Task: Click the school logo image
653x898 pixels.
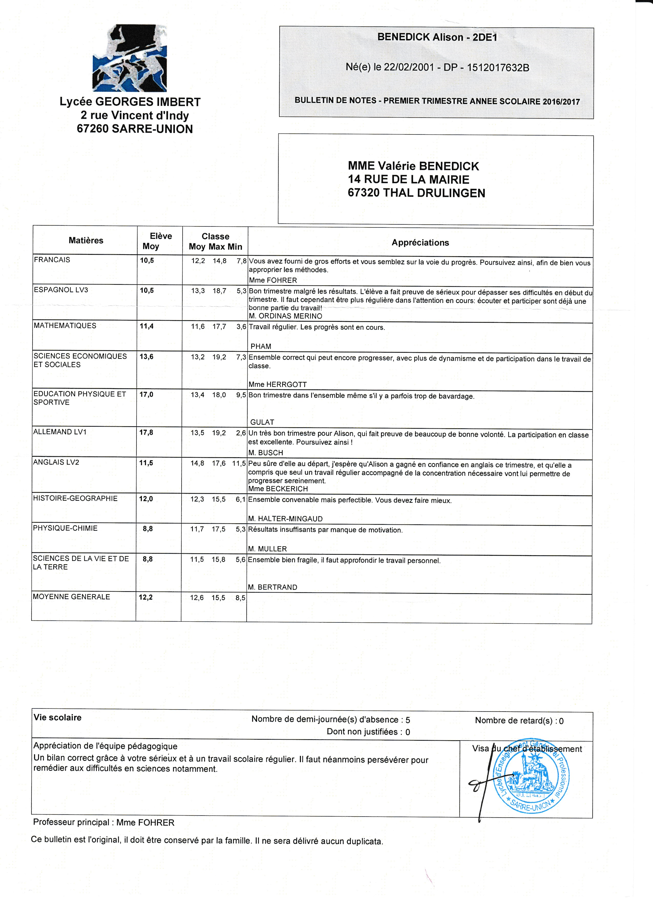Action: [x=130, y=59]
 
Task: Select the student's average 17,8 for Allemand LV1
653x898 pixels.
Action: [x=146, y=432]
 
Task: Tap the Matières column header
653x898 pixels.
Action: [x=86, y=240]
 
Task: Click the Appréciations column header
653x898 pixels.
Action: [x=420, y=243]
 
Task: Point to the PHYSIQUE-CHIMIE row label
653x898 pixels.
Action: [x=65, y=528]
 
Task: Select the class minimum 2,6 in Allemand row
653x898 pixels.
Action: [x=241, y=433]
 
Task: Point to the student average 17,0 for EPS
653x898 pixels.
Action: [x=146, y=394]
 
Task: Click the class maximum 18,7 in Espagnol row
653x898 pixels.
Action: [x=219, y=291]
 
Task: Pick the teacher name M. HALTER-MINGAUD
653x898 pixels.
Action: [x=285, y=519]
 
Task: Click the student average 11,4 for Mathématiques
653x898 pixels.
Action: [x=146, y=326]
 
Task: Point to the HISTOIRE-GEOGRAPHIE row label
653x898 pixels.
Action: [x=75, y=498]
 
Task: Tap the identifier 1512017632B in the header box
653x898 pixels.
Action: [x=498, y=68]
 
